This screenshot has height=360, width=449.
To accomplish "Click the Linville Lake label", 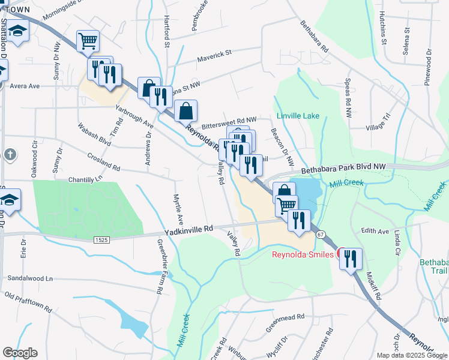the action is point(298,115).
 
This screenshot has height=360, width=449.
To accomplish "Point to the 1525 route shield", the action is point(101,239).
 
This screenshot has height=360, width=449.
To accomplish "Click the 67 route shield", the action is point(321,234).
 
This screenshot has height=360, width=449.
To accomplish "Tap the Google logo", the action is point(20,352).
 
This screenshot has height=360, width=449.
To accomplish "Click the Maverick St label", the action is point(214,55).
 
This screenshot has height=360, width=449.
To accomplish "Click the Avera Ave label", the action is point(24,86).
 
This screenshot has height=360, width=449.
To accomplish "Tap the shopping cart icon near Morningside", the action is point(88,41).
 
